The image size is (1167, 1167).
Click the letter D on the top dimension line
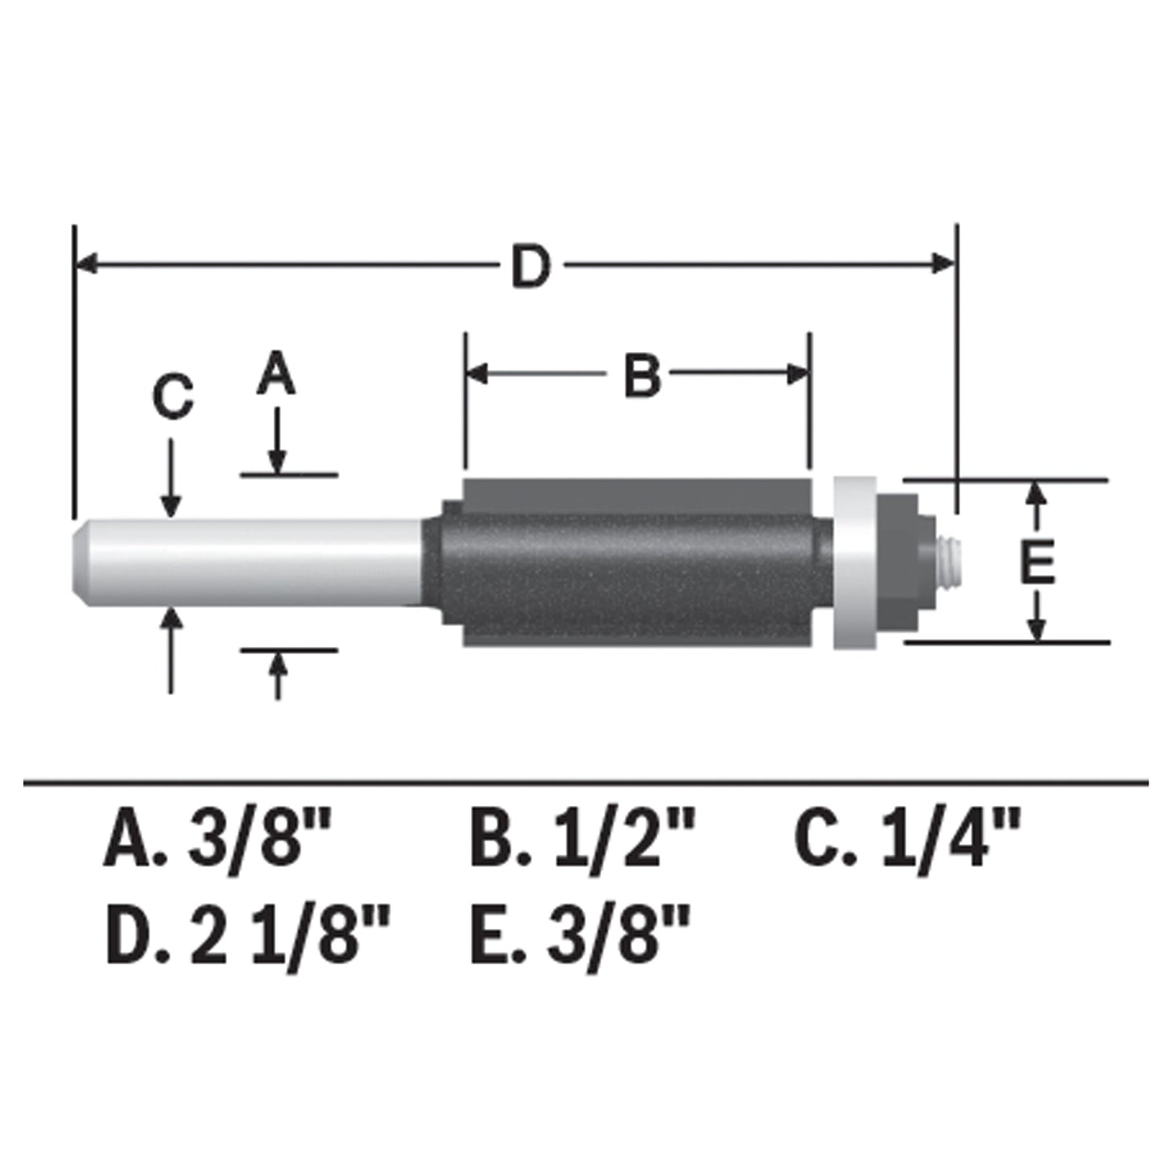(x=531, y=268)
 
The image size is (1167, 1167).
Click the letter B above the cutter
(x=642, y=376)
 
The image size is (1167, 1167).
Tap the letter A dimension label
(x=276, y=375)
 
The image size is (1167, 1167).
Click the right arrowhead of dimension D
(x=943, y=263)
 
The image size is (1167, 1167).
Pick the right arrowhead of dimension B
(x=798, y=373)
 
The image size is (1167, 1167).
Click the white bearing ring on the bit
(x=854, y=563)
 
